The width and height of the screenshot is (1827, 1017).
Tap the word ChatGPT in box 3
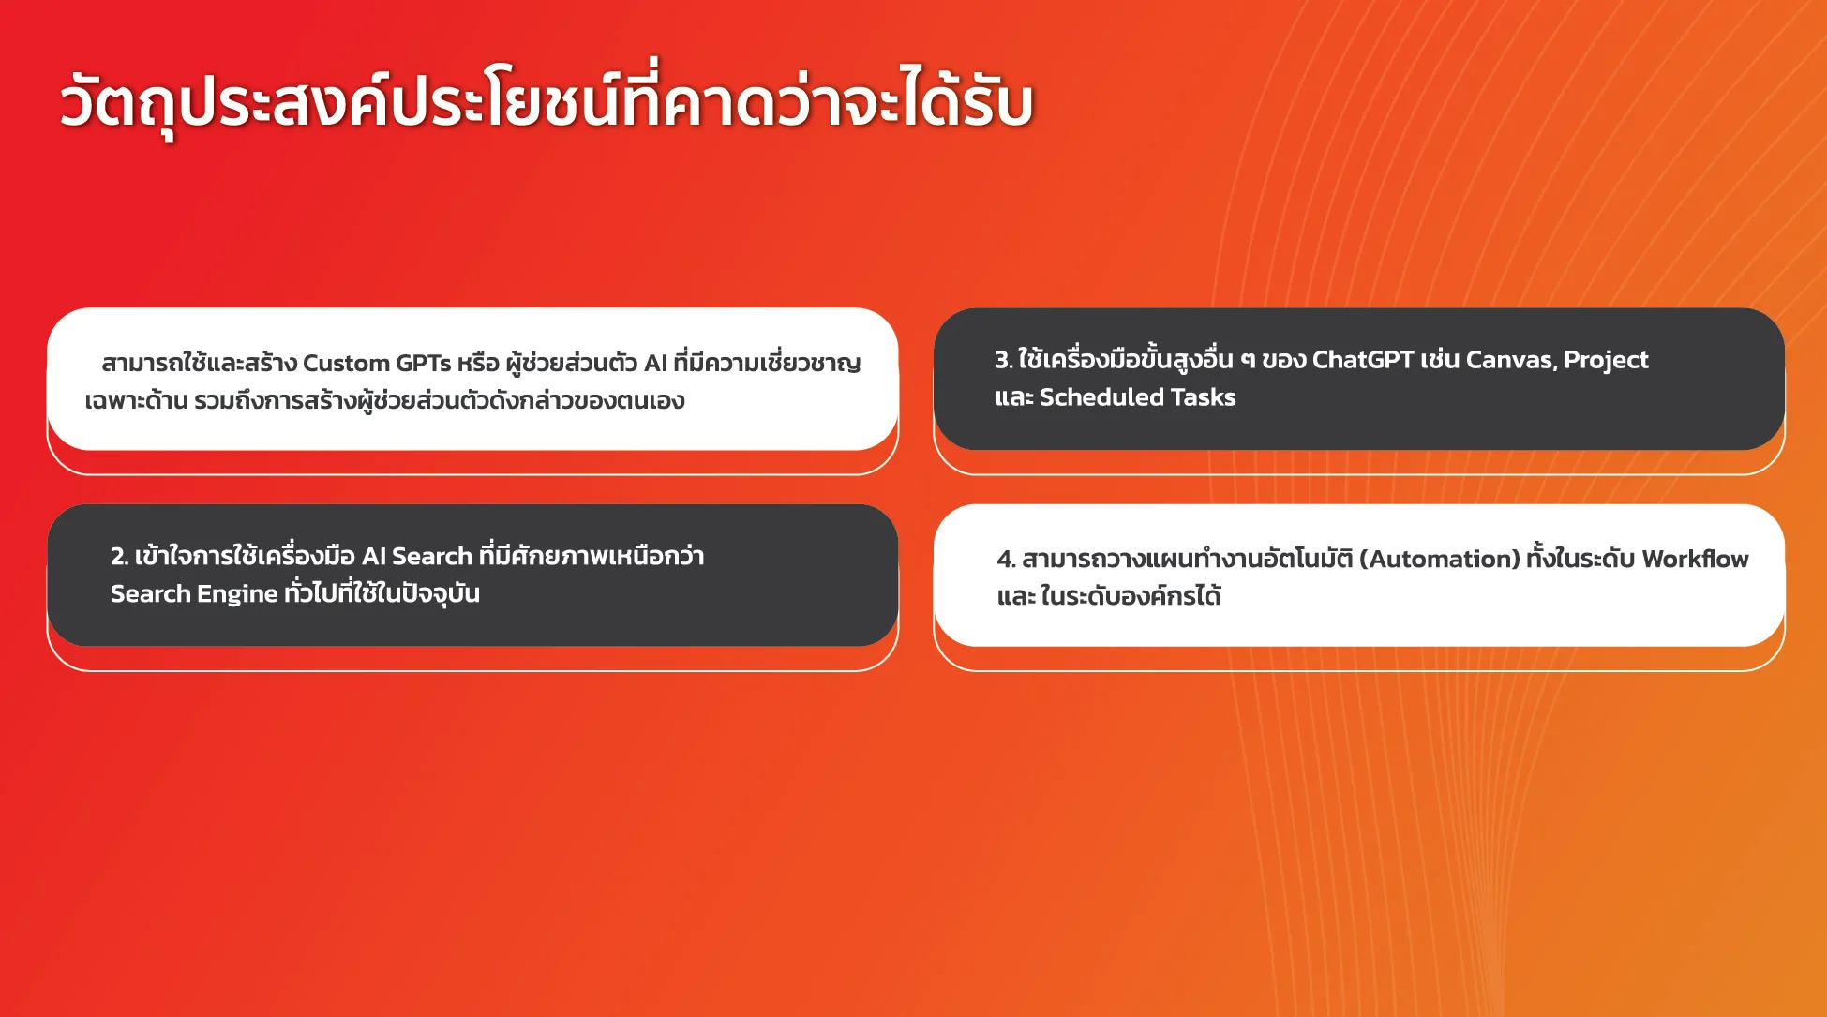tap(1363, 360)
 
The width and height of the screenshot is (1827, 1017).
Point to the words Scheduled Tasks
tap(1137, 397)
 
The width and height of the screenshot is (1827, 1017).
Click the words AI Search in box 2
tap(416, 557)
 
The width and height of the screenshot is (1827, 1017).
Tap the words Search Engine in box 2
tap(194, 594)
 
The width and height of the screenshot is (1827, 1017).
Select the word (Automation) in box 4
tap(1439, 560)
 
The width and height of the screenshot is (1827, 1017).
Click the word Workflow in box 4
tap(1695, 559)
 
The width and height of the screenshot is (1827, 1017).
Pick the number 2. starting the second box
tap(119, 557)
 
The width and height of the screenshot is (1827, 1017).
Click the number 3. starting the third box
tap(1003, 360)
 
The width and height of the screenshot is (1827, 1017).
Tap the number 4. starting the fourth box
tap(1006, 560)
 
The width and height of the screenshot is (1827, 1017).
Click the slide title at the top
tap(547, 101)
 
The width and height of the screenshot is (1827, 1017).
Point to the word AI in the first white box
tap(655, 364)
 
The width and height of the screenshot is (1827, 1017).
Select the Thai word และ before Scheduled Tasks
tap(1013, 398)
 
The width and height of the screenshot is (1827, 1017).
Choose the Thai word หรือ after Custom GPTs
tap(478, 364)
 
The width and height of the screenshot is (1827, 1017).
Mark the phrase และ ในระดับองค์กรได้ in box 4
tap(1109, 596)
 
